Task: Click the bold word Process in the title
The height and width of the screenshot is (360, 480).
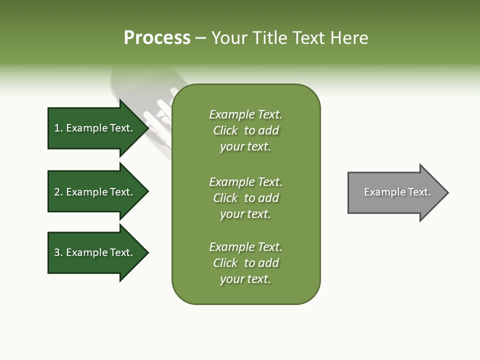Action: coord(157,38)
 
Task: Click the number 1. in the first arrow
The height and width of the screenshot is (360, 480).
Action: coord(58,128)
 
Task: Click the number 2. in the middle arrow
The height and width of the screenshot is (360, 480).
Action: coord(58,192)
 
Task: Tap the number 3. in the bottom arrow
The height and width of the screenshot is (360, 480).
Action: coord(58,252)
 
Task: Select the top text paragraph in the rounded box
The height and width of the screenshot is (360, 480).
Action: coord(245,130)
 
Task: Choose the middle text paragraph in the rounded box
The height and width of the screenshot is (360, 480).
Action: coord(245,198)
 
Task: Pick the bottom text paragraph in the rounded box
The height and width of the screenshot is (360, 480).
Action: coord(245,263)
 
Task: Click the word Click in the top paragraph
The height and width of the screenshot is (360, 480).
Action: coord(225,130)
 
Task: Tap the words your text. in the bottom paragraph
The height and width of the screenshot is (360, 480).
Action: coord(245,279)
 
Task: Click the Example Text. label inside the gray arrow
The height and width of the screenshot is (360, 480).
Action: coord(397,192)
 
